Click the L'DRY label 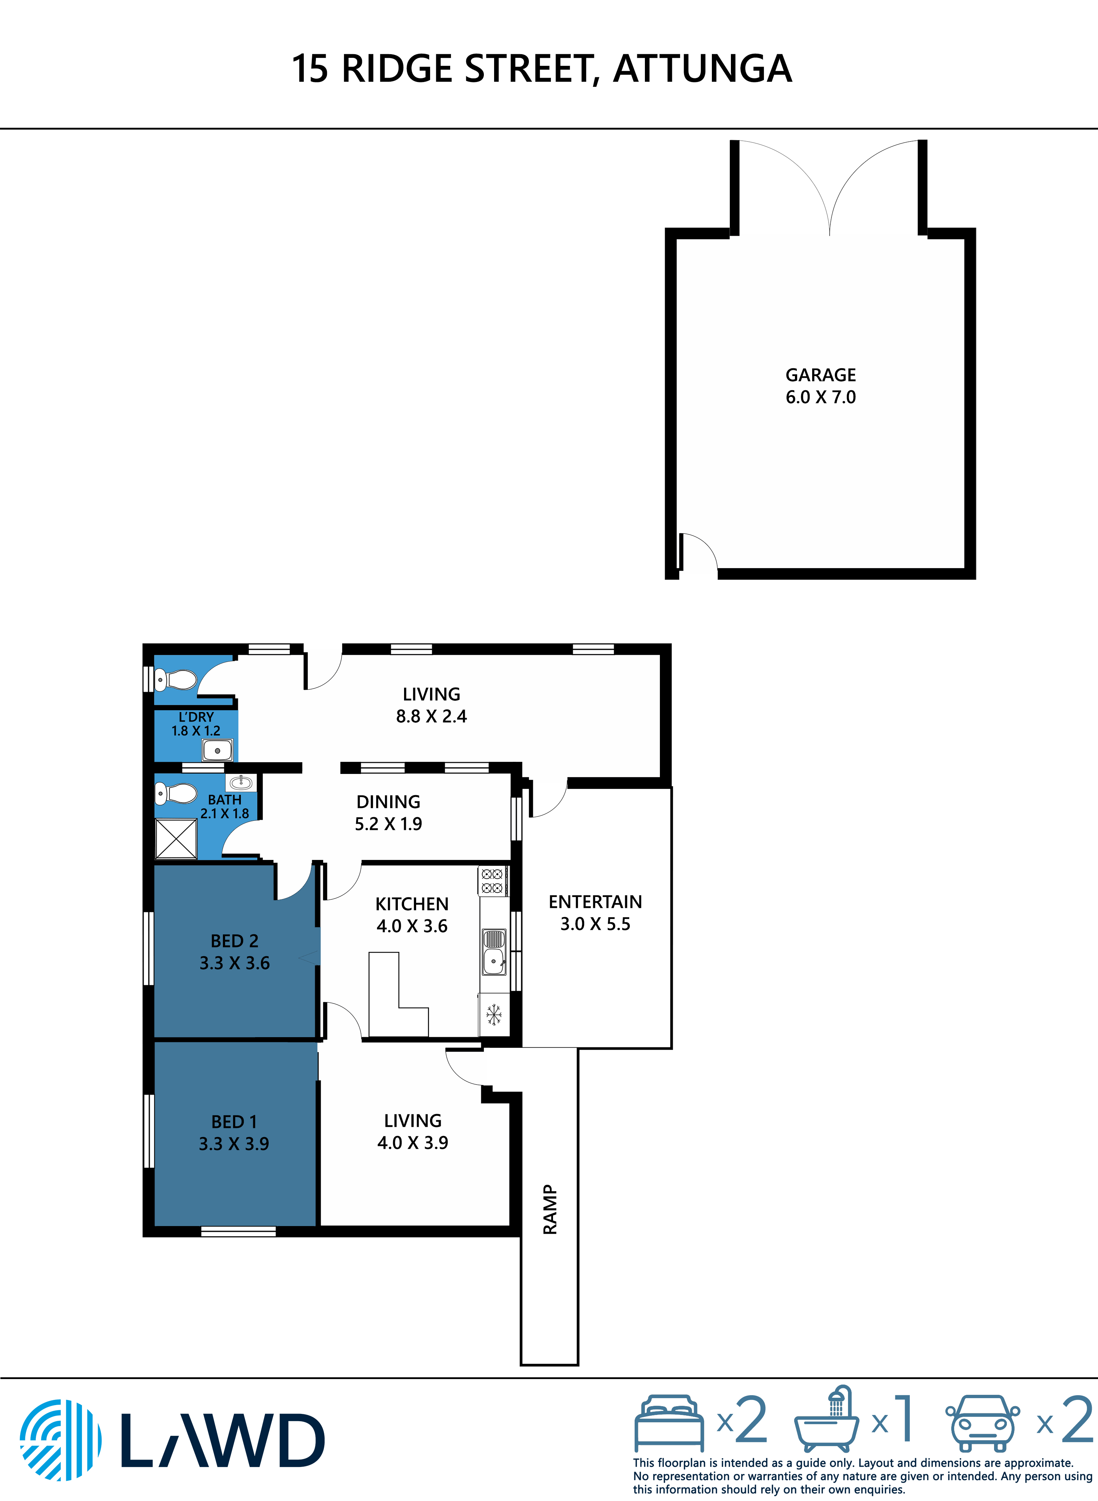pyautogui.click(x=196, y=717)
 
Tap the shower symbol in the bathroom pyautogui.click(x=176, y=839)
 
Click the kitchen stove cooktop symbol pyautogui.click(x=492, y=881)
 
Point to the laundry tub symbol pyautogui.click(x=217, y=750)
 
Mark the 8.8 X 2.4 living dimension pyautogui.click(x=432, y=716)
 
